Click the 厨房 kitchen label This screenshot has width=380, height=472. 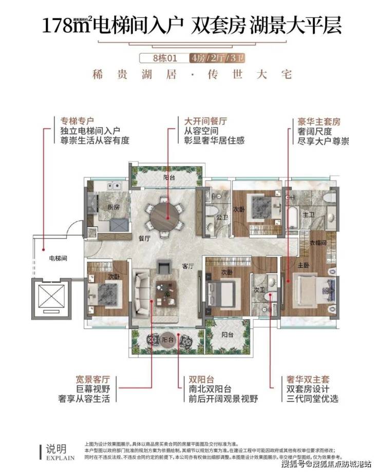point(114,207)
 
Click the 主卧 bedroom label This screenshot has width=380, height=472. point(302,265)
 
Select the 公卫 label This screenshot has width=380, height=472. point(222,217)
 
